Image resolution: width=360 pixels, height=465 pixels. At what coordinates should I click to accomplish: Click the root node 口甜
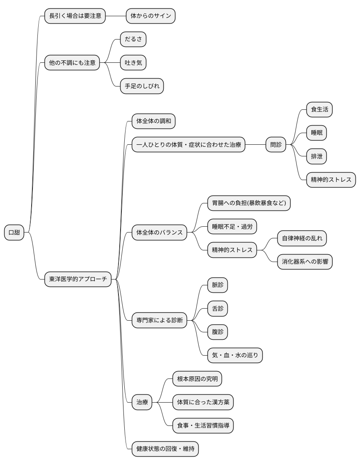pos(14,232)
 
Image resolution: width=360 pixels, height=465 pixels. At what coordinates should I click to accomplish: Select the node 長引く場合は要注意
pos(75,16)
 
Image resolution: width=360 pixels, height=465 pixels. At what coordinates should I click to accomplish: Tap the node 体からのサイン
pos(150,16)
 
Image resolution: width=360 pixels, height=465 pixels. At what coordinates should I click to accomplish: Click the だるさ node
pos(133,40)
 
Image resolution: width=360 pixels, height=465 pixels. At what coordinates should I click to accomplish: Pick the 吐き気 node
pos(133,63)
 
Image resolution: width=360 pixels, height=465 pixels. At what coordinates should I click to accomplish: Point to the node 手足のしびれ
pos(142,86)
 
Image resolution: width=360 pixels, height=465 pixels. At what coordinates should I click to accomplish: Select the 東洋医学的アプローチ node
pos(78,279)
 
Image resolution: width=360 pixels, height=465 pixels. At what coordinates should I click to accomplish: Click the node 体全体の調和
pos(153,121)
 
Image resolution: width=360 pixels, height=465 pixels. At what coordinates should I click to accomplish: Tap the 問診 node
pos(276,145)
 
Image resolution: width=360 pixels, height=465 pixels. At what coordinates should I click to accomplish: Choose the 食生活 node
pos(319,110)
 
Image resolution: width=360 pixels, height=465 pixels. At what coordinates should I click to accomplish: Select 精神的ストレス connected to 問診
pos(331,180)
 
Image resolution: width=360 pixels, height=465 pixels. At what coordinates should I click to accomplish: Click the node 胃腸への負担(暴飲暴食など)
pos(249,203)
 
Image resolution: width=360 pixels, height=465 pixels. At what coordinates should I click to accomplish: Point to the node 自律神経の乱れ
pos(302,238)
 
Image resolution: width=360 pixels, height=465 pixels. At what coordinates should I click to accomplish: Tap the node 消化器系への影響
pos(305,262)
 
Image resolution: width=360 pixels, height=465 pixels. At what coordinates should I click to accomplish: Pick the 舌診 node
pos(218,309)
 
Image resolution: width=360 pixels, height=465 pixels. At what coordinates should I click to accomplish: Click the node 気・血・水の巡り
pos(235,355)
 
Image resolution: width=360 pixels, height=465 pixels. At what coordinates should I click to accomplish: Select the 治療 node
pos(142,402)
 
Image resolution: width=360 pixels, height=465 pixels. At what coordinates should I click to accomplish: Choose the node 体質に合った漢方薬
pos(203,402)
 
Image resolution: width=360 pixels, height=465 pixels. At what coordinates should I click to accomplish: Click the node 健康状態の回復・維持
pos(165,449)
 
